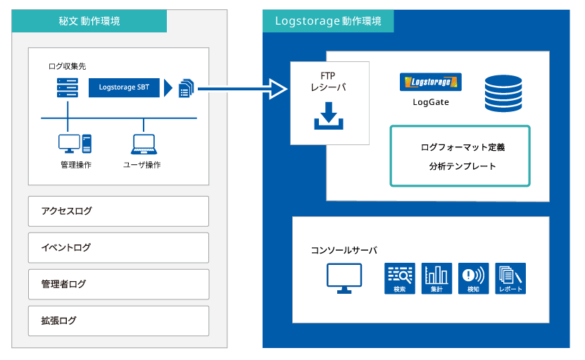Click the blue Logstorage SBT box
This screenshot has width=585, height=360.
tap(124, 87)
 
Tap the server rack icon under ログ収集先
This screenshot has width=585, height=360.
tap(68, 87)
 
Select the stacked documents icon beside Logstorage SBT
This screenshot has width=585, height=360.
tap(187, 88)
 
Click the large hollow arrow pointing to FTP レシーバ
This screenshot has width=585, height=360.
tap(242, 89)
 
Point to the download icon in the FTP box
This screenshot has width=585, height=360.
tap(329, 116)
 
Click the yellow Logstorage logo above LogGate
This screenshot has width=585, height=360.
tap(431, 82)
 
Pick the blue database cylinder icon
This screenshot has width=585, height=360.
tap(503, 94)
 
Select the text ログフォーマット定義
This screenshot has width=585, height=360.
tap(463, 147)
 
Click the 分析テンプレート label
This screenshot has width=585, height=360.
tap(463, 166)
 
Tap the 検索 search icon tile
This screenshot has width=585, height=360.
tap(400, 278)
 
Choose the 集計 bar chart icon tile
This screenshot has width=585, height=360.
tap(436, 278)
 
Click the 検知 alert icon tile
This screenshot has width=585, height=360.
tap(474, 278)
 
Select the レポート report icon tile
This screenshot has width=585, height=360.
tap(510, 278)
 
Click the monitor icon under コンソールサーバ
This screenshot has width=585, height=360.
tap(344, 278)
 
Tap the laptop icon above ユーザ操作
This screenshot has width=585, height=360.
tap(144, 144)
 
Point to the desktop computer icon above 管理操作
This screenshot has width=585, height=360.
tap(75, 144)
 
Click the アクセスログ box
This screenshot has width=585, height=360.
tap(119, 211)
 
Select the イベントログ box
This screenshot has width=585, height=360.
tap(119, 248)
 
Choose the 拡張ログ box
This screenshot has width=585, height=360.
tap(119, 321)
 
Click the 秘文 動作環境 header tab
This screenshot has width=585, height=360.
tap(89, 21)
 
